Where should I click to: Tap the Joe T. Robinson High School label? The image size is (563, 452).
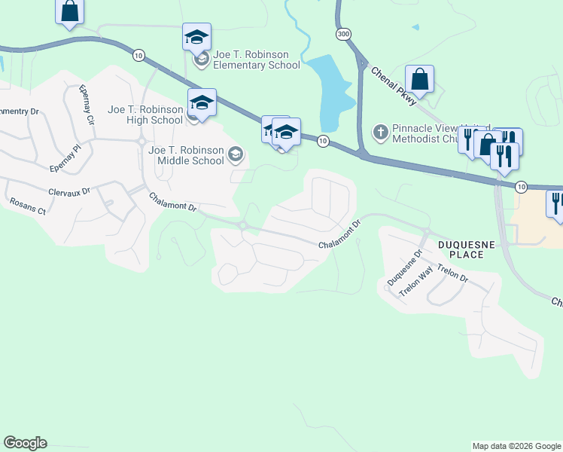pyautogui.click(x=145, y=115)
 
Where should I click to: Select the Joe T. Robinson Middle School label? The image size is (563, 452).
pyautogui.click(x=186, y=155)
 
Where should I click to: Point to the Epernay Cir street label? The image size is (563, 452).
pyautogui.click(x=87, y=105)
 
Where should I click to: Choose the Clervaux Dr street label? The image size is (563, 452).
pyautogui.click(x=69, y=191)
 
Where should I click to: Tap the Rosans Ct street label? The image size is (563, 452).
pyautogui.click(x=28, y=206)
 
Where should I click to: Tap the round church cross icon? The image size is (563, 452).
pyautogui.click(x=381, y=133)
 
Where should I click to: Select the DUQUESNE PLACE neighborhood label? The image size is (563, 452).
pyautogui.click(x=460, y=250)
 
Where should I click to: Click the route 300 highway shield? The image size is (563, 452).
pyautogui.click(x=344, y=34)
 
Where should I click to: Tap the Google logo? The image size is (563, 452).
pyautogui.click(x=26, y=443)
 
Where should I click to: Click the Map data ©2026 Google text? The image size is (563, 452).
pyautogui.click(x=516, y=446)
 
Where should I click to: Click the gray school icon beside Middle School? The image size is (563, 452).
pyautogui.click(x=236, y=155)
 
